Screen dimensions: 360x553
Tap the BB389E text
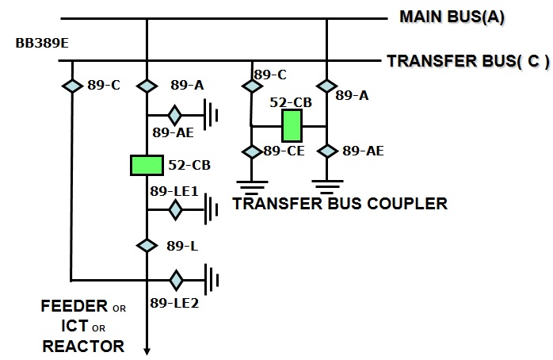tap(42, 42)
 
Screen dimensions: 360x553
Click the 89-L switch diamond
tap(147, 245)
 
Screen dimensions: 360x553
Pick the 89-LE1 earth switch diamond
tap(175, 209)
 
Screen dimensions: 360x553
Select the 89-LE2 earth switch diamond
tap(175, 280)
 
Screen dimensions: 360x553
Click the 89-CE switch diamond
tap(252, 151)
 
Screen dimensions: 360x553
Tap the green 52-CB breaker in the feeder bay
tap(147, 165)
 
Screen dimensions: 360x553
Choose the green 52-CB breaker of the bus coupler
tap(292, 124)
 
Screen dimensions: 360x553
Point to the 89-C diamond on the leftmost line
tap(72, 85)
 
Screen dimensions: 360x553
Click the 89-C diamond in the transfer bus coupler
tap(252, 85)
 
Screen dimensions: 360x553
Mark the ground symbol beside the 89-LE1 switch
tap(211, 209)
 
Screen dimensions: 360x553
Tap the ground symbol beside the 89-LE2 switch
tap(211, 280)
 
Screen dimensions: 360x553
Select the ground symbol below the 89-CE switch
tap(252, 188)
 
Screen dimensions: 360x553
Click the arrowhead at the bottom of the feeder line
tap(147, 350)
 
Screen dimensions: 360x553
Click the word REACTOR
tap(83, 346)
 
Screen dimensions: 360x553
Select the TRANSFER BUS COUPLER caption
tap(340, 204)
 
